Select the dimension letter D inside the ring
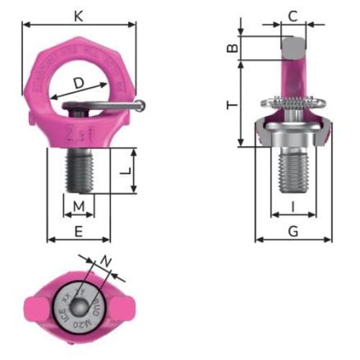pyautogui.click(x=77, y=84)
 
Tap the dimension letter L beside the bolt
pyautogui.click(x=125, y=172)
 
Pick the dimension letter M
pyautogui.click(x=79, y=208)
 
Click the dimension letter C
pyautogui.click(x=292, y=14)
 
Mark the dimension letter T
pyautogui.click(x=231, y=105)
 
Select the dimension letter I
pyautogui.click(x=293, y=207)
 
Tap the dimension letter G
pyautogui.click(x=293, y=230)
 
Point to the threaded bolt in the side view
pyautogui.click(x=293, y=173)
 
